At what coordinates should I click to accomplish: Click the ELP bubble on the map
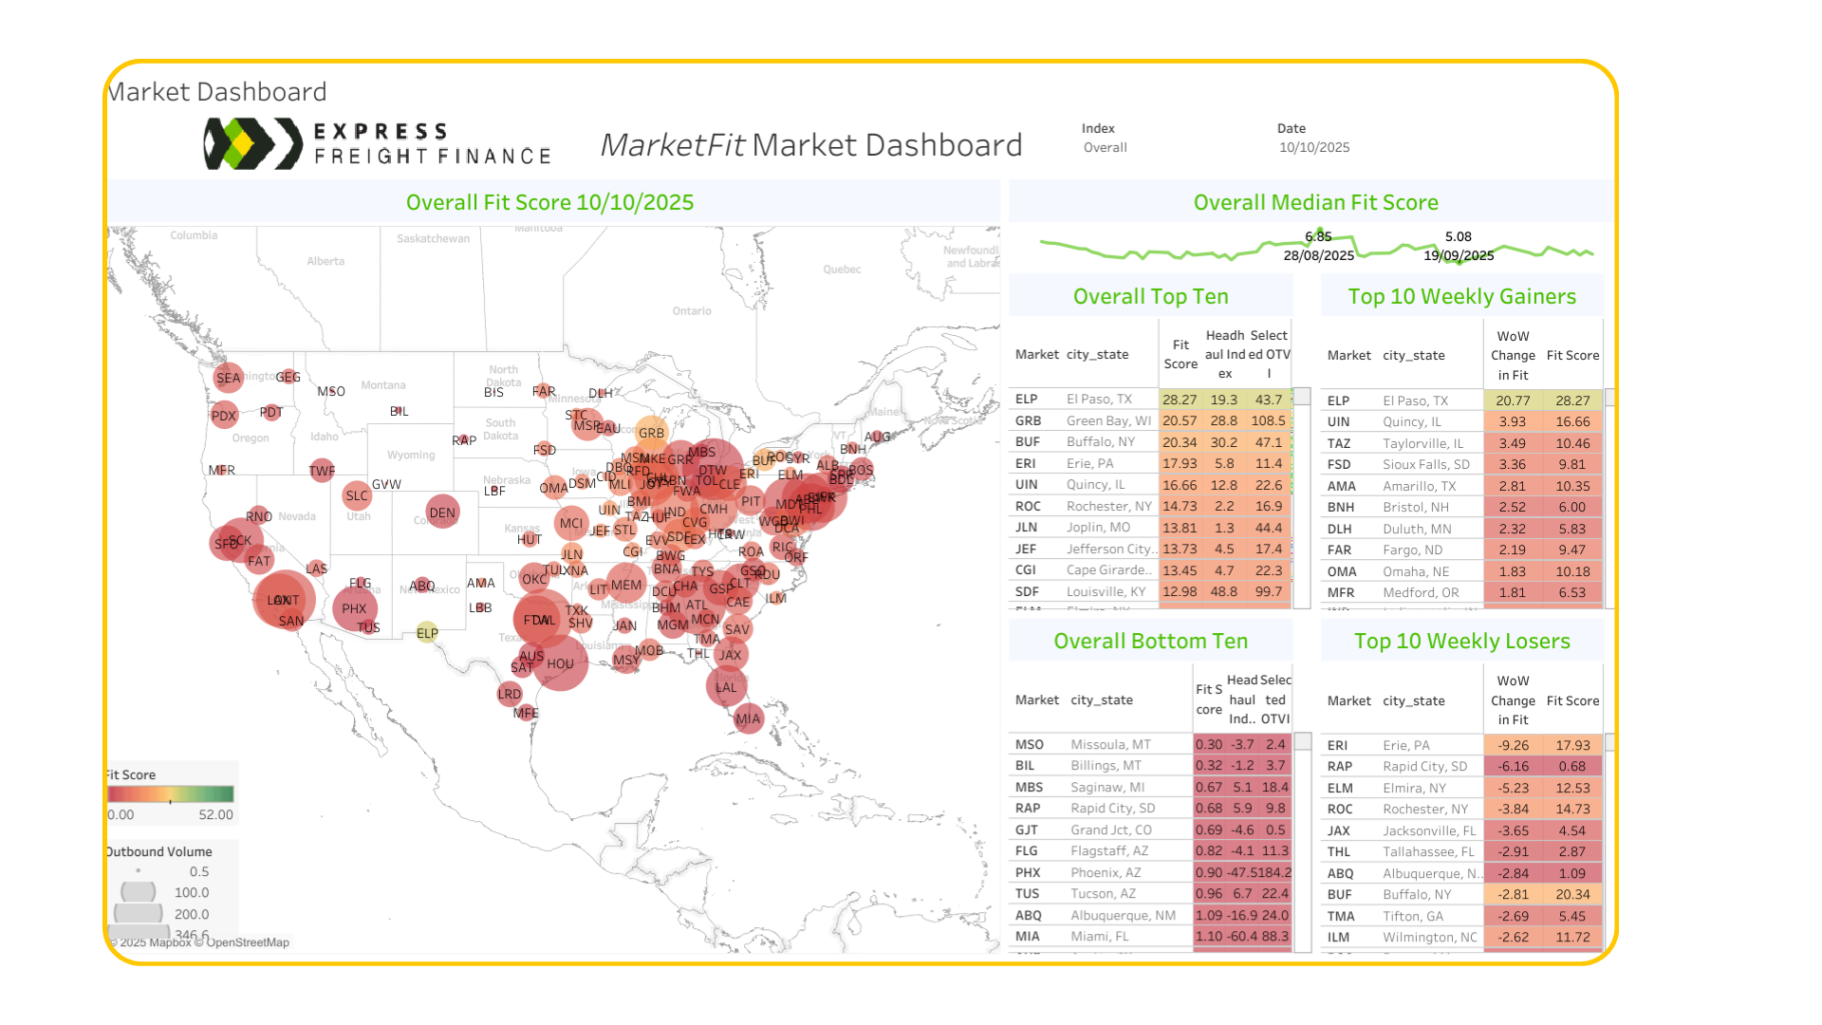(x=427, y=633)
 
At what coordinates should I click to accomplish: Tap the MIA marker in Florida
(x=748, y=718)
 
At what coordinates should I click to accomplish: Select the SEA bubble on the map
(x=228, y=378)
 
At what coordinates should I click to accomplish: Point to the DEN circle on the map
(x=442, y=512)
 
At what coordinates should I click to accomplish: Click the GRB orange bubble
(x=651, y=433)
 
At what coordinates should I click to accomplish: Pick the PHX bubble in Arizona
(x=355, y=608)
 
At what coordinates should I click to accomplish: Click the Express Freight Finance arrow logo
(x=251, y=144)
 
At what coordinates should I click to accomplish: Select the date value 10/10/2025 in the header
(x=1313, y=148)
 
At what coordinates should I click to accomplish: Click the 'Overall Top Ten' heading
(x=1150, y=297)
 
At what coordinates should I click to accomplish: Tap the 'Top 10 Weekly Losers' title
(x=1461, y=642)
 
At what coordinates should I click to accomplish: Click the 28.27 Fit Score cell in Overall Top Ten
(x=1180, y=400)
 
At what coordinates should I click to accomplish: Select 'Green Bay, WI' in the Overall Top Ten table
(x=1108, y=421)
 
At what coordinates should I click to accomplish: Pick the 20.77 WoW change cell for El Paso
(x=1512, y=401)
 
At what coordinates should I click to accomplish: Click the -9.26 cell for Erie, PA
(x=1513, y=746)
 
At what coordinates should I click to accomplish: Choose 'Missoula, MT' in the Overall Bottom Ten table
(x=1110, y=745)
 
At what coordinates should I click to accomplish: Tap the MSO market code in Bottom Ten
(x=1029, y=745)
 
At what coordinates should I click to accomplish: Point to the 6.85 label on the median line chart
(x=1318, y=236)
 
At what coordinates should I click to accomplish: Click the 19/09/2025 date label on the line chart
(x=1459, y=255)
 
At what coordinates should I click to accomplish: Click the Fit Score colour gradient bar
(x=171, y=794)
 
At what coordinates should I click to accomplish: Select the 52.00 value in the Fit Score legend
(x=215, y=815)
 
